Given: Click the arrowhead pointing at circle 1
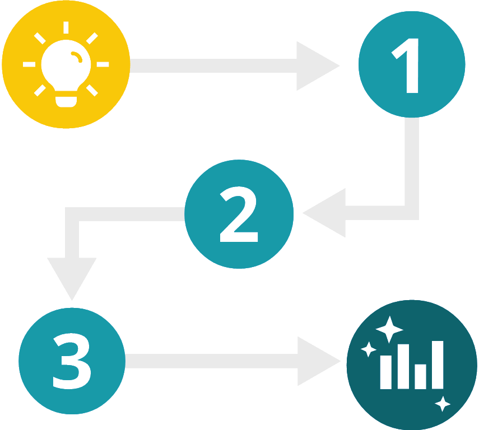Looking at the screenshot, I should click(x=315, y=66).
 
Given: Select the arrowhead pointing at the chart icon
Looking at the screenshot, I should click(x=317, y=361).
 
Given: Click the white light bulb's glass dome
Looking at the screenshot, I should click(x=65, y=64).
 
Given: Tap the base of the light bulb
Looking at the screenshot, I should click(x=66, y=101).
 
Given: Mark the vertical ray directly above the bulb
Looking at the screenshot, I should click(x=66, y=27).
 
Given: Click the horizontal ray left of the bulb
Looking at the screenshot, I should click(x=29, y=65).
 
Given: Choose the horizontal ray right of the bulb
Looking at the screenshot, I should click(x=103, y=65).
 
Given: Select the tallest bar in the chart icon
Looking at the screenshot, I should click(x=437, y=364).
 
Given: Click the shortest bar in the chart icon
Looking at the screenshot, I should click(x=420, y=376).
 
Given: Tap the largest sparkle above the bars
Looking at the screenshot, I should click(x=389, y=329).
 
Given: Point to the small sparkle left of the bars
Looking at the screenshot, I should click(x=368, y=349).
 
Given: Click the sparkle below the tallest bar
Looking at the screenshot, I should click(x=443, y=404).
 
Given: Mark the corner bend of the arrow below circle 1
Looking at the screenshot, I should click(x=411, y=212).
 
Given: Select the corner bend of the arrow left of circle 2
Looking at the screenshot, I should click(x=72, y=214).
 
